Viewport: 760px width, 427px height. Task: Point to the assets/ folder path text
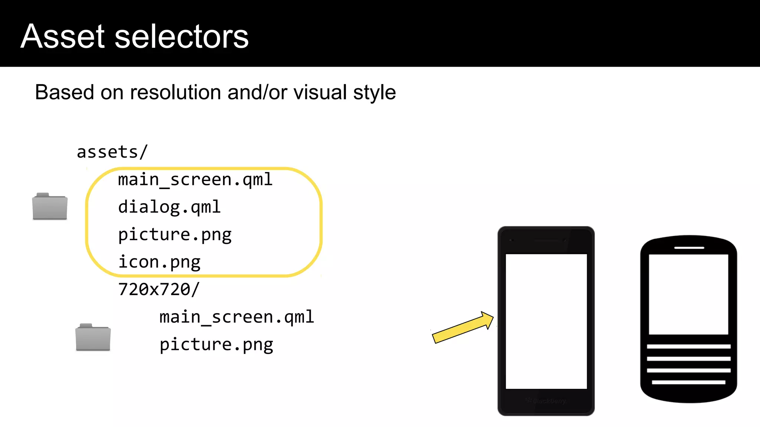112,152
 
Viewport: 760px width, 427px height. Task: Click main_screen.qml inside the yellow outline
195,180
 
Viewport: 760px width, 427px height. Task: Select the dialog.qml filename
169,207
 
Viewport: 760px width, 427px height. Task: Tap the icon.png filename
159,262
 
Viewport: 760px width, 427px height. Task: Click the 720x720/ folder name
159,289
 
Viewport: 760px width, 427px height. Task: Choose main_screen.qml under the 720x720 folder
237,317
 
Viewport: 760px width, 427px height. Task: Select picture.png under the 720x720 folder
216,345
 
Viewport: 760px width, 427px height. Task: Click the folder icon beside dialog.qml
50,206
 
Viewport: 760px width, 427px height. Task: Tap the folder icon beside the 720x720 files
93,337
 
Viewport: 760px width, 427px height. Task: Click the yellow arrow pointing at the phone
462,327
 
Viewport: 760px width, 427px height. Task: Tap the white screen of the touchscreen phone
546,321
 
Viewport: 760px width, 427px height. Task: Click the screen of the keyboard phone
688,294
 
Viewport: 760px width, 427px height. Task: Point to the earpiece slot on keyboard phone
689,248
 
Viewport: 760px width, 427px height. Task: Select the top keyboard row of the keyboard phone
688,347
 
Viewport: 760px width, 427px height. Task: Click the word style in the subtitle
374,92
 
